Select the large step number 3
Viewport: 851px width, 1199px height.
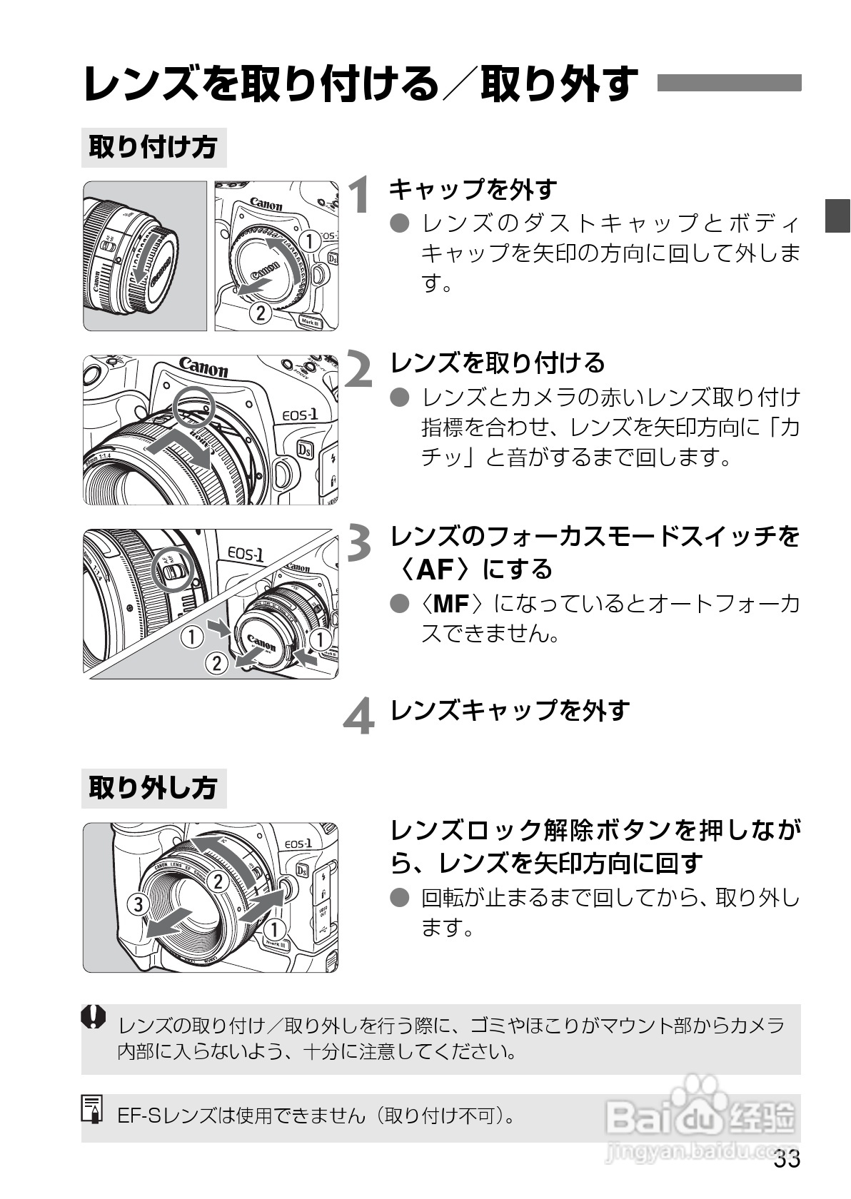[360, 542]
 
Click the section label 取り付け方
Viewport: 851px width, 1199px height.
[153, 148]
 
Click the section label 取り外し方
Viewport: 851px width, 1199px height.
[153, 789]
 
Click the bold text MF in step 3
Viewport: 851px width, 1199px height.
[451, 604]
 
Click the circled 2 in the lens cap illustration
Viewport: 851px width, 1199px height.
[216, 664]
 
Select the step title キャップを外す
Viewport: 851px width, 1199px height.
[473, 189]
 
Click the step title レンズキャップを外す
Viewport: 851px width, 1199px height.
[510, 710]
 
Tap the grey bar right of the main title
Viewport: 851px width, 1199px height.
[728, 83]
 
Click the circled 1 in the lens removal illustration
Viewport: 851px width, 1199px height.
[275, 929]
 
